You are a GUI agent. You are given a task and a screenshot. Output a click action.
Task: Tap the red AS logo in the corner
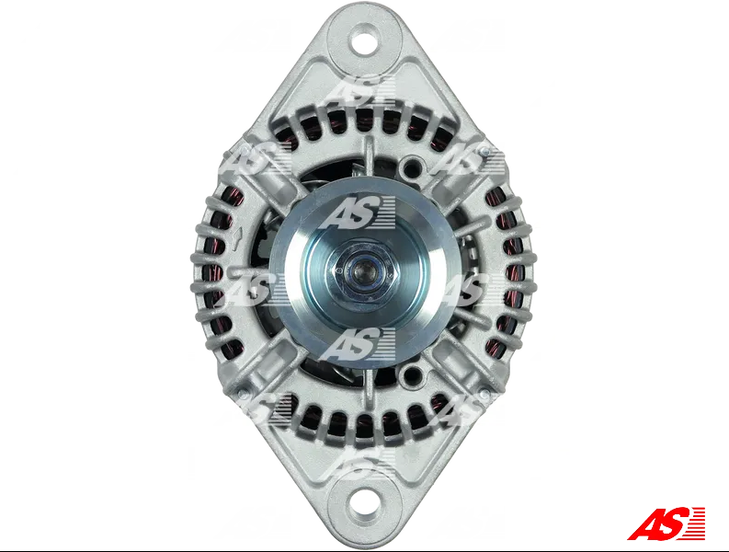coord(666,523)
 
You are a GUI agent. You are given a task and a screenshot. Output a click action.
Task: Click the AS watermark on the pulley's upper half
coord(357,213)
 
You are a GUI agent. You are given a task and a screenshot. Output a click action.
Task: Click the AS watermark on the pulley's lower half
coord(357,344)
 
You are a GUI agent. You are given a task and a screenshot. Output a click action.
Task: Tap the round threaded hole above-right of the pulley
coord(412,165)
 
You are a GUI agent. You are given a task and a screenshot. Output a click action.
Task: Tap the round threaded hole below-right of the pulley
coord(411,373)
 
